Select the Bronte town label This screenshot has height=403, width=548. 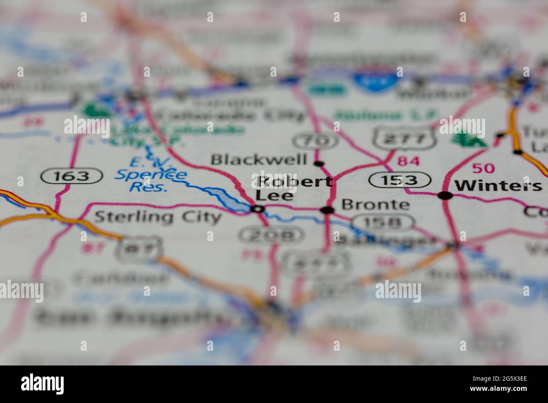375,205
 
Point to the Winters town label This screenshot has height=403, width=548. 499,185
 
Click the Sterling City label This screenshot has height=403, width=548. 157,217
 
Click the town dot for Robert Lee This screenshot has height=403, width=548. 258,209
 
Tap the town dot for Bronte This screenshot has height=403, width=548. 327,210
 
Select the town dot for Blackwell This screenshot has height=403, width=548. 320,163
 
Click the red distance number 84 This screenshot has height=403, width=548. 408,161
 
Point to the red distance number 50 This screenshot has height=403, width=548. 483,168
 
